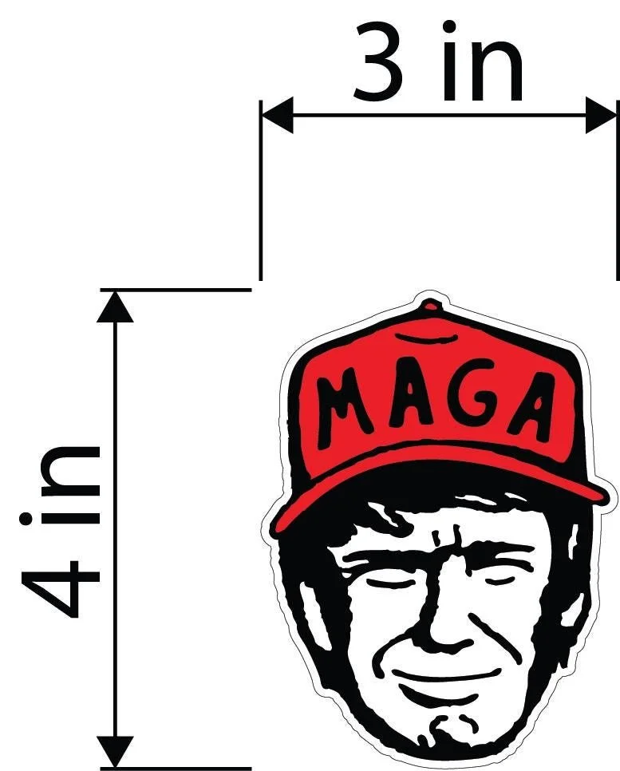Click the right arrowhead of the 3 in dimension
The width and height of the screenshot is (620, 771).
click(602, 116)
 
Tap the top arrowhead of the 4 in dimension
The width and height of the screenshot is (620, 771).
click(115, 306)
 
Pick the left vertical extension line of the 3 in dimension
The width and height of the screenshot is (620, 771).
click(261, 200)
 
